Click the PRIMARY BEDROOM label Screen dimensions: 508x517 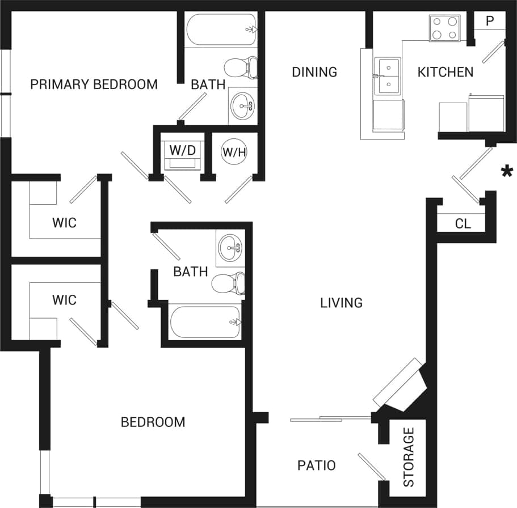(x=94, y=85)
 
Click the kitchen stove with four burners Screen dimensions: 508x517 (x=444, y=28)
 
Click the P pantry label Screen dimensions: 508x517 (x=490, y=22)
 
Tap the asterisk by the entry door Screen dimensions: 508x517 (x=506, y=171)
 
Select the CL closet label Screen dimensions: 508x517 (x=463, y=223)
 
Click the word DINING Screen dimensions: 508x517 (x=314, y=72)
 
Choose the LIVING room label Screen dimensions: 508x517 (x=341, y=303)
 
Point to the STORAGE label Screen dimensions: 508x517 (x=409, y=458)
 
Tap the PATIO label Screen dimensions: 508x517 (x=317, y=465)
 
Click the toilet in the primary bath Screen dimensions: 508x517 (x=241, y=68)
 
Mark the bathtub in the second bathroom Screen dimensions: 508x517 (x=205, y=322)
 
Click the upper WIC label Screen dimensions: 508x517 (x=64, y=223)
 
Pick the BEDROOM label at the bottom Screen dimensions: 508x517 (x=153, y=422)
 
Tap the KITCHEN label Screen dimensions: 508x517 (x=445, y=72)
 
